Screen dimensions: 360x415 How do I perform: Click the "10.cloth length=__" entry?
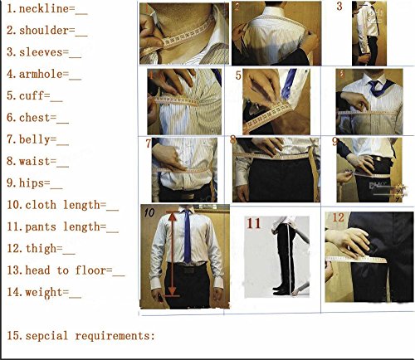click(61, 204)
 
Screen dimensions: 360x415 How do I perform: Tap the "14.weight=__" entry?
click(43, 291)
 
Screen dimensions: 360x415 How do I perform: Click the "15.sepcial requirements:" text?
click(80, 336)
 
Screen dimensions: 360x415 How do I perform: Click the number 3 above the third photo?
click(339, 7)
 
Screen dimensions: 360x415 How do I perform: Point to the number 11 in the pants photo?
click(253, 223)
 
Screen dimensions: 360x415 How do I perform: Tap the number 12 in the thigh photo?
click(338, 218)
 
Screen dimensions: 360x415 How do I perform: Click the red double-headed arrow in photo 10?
click(172, 253)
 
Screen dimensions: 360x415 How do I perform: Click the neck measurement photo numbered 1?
click(183, 32)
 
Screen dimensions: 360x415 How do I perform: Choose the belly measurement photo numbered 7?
click(183, 169)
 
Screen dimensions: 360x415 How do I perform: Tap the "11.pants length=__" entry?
click(61, 226)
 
